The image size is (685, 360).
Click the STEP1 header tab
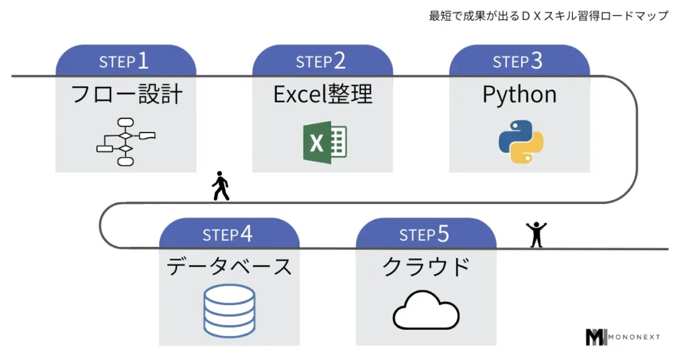click(x=125, y=62)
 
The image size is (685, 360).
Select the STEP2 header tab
click(x=322, y=62)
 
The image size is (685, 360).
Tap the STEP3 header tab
click(x=518, y=62)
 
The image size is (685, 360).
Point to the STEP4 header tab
click(x=228, y=235)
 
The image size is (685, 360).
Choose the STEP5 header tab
click(x=425, y=235)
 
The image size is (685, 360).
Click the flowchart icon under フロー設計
click(x=126, y=142)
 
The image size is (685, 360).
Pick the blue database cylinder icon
click(x=229, y=310)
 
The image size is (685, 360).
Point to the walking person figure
click(x=220, y=186)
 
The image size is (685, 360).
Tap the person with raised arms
click(x=536, y=234)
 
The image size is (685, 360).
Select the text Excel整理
click(x=322, y=95)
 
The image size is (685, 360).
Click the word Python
click(x=519, y=95)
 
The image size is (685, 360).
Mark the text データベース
click(x=229, y=267)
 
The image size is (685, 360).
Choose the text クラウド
click(x=425, y=267)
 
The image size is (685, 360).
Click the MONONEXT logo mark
click(x=595, y=337)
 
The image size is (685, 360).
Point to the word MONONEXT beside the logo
click(x=635, y=337)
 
